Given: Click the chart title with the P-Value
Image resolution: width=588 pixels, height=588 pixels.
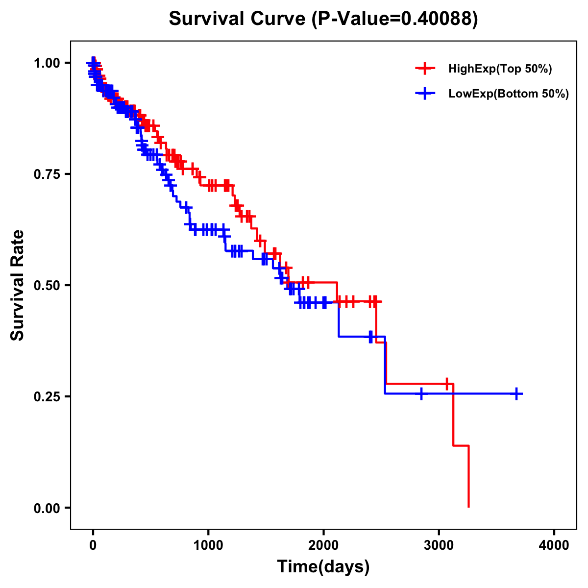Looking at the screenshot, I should coord(323,19).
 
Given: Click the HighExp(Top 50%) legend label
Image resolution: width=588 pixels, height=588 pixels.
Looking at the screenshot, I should coord(500,69).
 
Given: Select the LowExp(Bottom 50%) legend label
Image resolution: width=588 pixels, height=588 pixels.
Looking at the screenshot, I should coord(509,94).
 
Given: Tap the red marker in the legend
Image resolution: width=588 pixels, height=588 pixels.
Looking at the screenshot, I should coord(425,69).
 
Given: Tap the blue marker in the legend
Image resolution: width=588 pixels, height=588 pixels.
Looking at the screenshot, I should coord(425,94).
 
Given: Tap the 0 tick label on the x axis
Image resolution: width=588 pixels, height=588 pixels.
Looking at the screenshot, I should coord(93,545).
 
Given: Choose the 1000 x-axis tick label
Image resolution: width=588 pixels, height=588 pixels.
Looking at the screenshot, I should coord(208,545).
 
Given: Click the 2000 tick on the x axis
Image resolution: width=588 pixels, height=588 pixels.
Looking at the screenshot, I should coord(323,545).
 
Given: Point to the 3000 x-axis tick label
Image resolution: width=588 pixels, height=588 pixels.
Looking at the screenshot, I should coord(439,545).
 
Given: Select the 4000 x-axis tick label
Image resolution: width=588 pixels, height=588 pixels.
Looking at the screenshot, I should coord(554,545).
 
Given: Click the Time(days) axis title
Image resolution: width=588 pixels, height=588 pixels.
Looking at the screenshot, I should coord(323,566).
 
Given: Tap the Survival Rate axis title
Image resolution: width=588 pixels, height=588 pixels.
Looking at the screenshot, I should coord(18,285).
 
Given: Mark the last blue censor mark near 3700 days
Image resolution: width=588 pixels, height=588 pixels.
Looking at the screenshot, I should coord(516,393).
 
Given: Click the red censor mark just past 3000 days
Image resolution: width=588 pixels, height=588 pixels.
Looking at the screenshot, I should coord(447,384).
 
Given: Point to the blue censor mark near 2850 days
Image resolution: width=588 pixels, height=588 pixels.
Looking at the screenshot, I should coord(421,393).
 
